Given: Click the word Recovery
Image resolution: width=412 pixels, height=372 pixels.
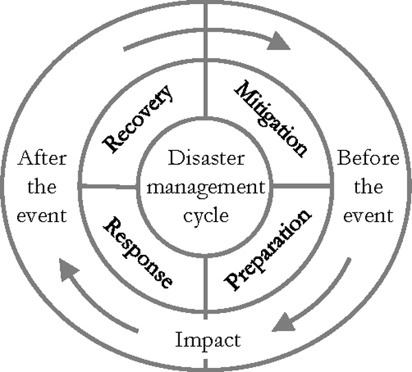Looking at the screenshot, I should click(x=138, y=118).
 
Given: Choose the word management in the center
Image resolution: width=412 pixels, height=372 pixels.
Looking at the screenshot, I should click(x=205, y=186).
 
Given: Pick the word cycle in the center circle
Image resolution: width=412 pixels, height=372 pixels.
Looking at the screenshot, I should click(x=205, y=214).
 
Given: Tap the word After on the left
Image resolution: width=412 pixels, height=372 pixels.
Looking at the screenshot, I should click(x=43, y=159).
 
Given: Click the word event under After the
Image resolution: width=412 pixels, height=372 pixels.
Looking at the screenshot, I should click(x=43, y=216).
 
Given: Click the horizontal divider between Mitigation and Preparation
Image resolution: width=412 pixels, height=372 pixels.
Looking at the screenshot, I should click(x=302, y=186).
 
